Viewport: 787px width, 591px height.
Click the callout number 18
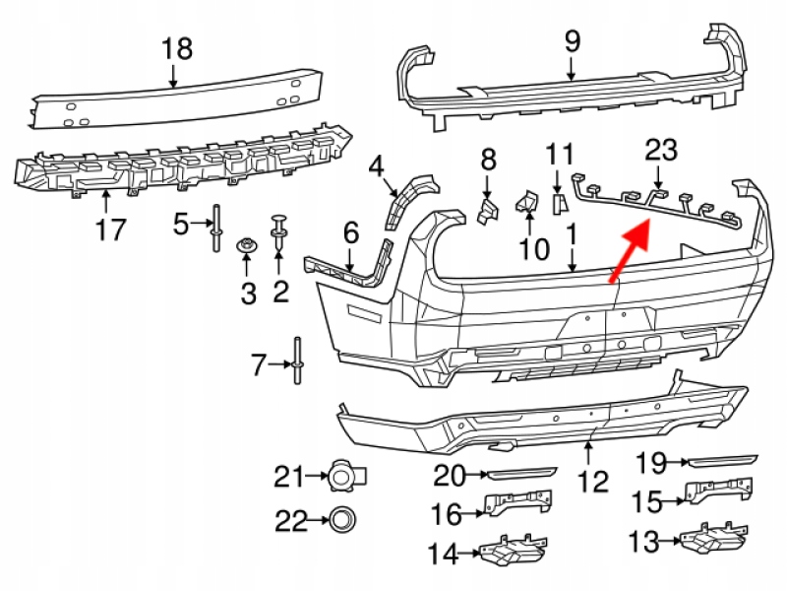[x=177, y=47]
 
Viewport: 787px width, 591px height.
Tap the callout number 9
[x=573, y=41]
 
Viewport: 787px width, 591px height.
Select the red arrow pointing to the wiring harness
[x=631, y=251]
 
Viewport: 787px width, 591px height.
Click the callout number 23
[x=661, y=150]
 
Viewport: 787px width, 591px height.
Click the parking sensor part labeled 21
[x=341, y=478]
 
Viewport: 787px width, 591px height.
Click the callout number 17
[x=110, y=230]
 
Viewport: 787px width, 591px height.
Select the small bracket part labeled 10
[x=525, y=203]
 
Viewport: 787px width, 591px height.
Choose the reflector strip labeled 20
[x=522, y=473]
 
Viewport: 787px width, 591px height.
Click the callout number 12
[x=593, y=483]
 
